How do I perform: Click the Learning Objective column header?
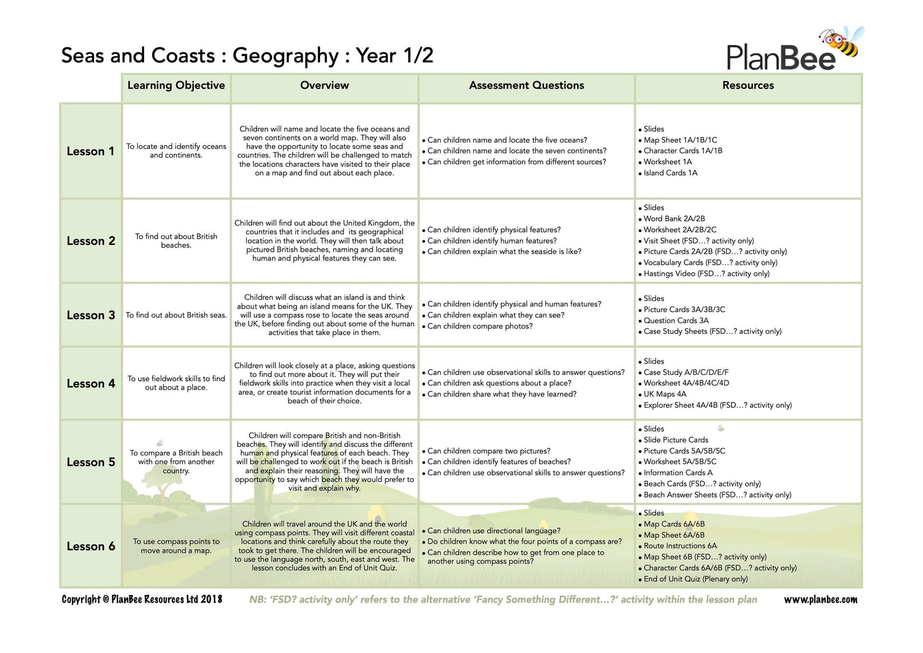coord(176,86)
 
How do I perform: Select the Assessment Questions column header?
coord(526,86)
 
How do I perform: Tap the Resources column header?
coord(748,86)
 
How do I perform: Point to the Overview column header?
coord(324,86)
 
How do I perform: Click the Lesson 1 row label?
coord(90,151)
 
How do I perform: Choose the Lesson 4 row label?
coord(90,383)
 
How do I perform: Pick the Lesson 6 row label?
coord(90,547)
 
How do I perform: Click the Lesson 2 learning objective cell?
coord(176,241)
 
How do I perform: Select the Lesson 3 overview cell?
coord(324,314)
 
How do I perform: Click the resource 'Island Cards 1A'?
coord(670,173)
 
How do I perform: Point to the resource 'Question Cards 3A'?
coord(676,321)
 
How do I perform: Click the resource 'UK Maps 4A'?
coord(665,395)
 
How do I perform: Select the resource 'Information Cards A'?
coord(677,473)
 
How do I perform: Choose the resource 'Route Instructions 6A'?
coord(680,546)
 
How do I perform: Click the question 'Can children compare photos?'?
coord(480,326)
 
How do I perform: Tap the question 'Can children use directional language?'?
coord(493,531)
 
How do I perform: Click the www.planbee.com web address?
coord(820,599)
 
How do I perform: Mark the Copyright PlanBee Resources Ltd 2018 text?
coord(142,599)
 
